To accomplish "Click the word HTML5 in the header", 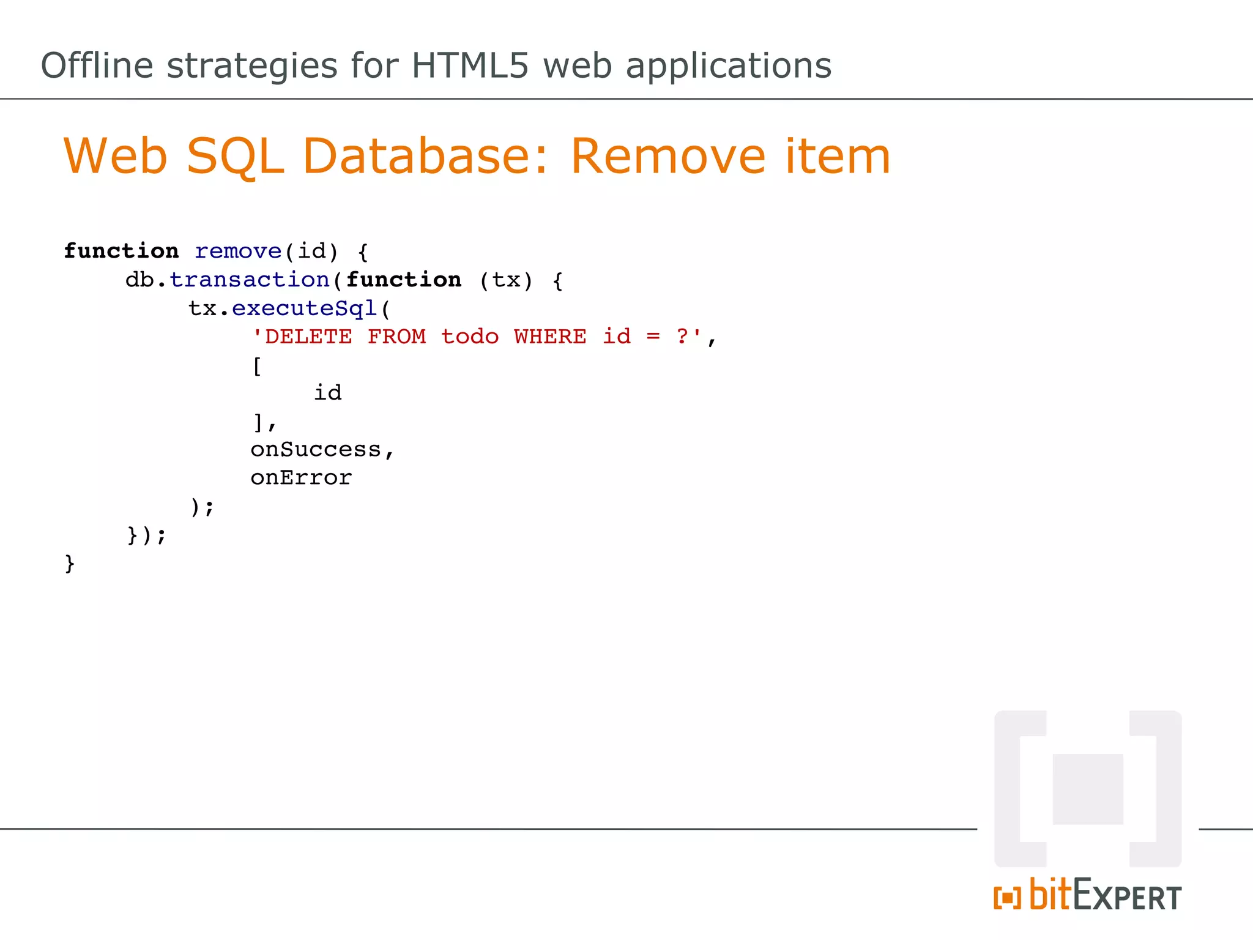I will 469,65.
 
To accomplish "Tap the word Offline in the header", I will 97,65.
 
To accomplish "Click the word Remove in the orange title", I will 667,156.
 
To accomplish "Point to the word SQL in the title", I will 235,157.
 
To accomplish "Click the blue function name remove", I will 237,251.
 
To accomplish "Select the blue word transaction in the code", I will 249,280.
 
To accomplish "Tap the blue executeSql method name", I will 304,308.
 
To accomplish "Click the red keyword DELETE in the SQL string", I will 308,337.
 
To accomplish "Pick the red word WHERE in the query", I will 550,337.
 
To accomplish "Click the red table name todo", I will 470,337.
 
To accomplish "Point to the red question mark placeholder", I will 682,337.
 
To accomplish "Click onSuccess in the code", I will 316,450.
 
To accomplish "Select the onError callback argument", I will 301,478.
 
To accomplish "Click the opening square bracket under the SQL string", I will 257,366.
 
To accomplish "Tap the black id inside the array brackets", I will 328,393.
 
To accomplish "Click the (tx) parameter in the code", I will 506,280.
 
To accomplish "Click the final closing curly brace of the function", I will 70,563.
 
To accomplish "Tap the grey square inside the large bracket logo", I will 1087,789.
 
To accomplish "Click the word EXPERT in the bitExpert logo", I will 1127,897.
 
